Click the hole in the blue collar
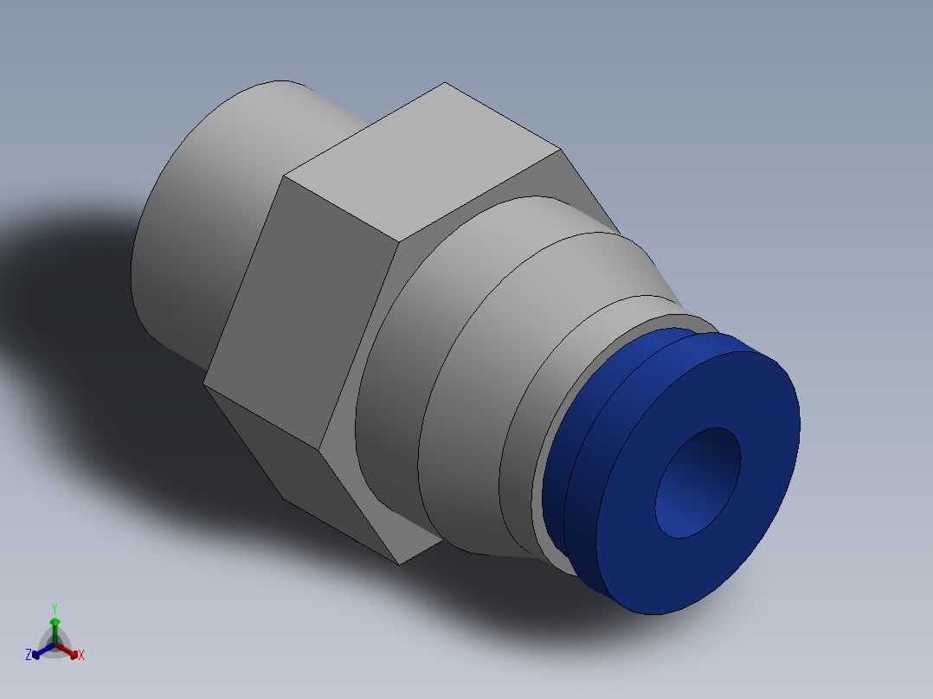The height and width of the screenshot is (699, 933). click(x=698, y=482)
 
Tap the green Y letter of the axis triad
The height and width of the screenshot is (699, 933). click(x=54, y=608)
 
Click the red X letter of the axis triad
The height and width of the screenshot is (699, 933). click(x=80, y=656)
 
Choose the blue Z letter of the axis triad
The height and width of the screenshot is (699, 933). click(x=29, y=656)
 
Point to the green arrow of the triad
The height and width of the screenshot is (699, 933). click(x=54, y=625)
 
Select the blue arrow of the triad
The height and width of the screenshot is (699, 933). click(x=38, y=652)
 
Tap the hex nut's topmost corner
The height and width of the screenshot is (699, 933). click(x=445, y=83)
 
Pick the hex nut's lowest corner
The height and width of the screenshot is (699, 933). click(x=399, y=564)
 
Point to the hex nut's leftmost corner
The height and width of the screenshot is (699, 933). click(x=204, y=383)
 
